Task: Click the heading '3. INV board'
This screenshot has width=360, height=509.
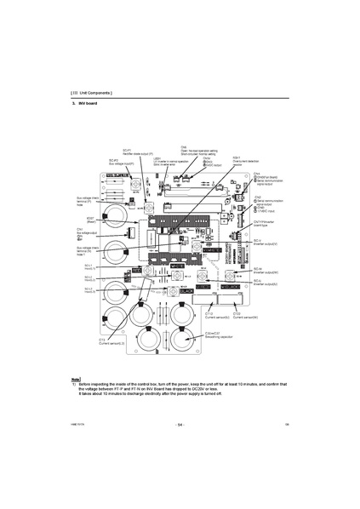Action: click(x=87, y=103)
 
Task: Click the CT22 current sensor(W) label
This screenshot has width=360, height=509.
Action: click(x=243, y=315)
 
